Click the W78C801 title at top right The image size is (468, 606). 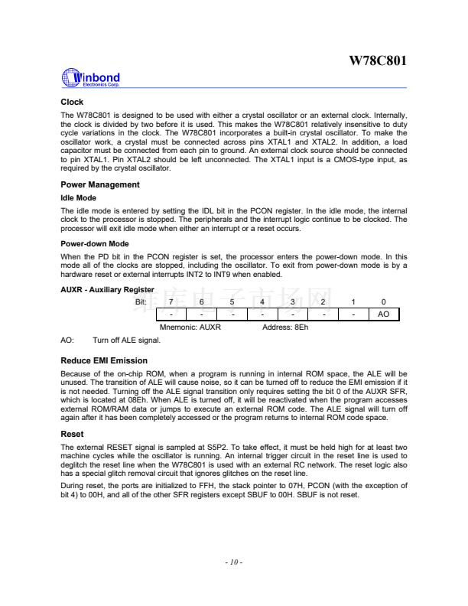tap(378, 60)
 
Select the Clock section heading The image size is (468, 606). tap(72, 102)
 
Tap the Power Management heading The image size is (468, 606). tap(99, 184)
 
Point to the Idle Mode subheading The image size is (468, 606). tap(78, 198)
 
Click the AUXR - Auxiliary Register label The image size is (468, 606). tap(107, 289)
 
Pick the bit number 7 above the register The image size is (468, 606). tap(171, 301)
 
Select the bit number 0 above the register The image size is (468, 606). tap(383, 301)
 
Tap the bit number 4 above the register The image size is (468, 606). tap(262, 301)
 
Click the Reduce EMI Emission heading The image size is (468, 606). tap(103, 360)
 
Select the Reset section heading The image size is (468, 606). tap(72, 434)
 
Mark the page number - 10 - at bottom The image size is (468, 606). tap(233, 562)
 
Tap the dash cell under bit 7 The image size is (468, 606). tap(171, 314)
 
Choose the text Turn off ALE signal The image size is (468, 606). tap(126, 339)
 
